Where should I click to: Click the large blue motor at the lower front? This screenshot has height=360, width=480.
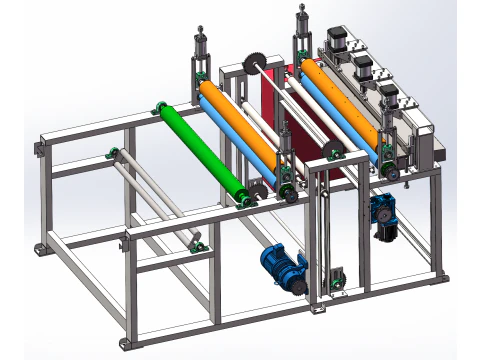point(283,266)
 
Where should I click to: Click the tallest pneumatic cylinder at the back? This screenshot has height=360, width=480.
point(300,30)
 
